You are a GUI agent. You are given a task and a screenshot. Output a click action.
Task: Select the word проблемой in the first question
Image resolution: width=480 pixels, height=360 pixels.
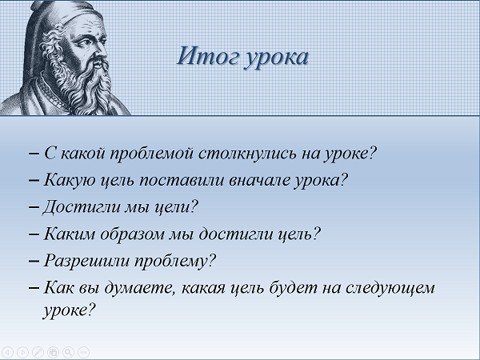point(152,154)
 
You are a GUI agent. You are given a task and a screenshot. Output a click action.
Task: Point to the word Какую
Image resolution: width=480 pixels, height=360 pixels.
point(70,180)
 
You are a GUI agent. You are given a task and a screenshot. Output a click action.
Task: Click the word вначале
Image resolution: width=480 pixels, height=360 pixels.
point(259,180)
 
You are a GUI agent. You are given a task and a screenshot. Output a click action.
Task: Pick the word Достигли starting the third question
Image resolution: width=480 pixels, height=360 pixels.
point(82,207)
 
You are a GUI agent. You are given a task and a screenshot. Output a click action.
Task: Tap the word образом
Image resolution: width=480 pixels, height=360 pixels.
point(133,234)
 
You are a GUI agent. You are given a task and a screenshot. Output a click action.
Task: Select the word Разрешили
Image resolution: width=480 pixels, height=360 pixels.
point(86,262)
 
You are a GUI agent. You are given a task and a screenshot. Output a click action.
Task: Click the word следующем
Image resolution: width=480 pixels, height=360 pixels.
point(390,289)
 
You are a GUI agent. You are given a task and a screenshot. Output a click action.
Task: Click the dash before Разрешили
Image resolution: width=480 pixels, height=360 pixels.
point(34,261)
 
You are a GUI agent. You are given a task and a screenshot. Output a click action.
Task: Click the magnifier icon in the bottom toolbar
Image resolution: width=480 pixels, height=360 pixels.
point(68,352)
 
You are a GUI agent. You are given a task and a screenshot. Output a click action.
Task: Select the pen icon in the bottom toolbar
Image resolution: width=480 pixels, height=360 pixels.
point(38,352)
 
